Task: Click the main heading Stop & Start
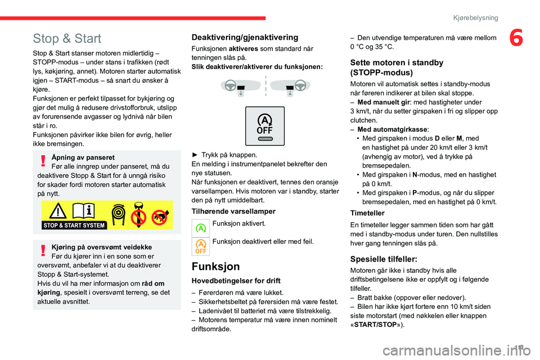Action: (67, 39)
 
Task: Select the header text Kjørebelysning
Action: (476, 18)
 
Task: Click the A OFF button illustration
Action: (264, 126)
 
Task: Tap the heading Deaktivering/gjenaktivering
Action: (245, 37)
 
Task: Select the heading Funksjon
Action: (215, 266)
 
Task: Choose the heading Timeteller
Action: (367, 213)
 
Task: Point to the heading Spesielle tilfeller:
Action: (384, 259)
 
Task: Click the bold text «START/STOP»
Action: (376, 324)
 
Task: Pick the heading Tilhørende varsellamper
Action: (234, 211)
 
